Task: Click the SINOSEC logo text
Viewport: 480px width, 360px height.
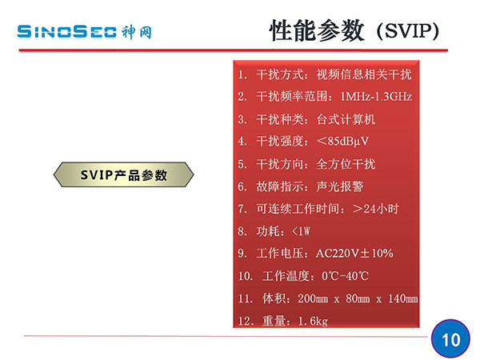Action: click(67, 32)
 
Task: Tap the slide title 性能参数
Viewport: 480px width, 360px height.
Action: click(317, 30)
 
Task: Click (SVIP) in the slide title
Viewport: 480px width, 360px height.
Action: click(408, 31)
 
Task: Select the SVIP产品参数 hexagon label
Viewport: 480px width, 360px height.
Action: click(124, 174)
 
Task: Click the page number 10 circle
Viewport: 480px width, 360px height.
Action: click(450, 339)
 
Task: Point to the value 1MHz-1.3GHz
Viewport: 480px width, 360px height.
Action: click(376, 97)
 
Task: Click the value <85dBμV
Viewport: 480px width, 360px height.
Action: click(343, 141)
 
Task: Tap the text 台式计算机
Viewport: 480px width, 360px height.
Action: click(346, 119)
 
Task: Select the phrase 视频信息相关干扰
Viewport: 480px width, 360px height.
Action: click(364, 74)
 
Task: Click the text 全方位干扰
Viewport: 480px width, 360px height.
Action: click(346, 164)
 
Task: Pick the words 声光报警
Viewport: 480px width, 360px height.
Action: click(340, 186)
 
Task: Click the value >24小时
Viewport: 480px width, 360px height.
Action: click(376, 209)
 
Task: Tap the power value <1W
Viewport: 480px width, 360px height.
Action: click(301, 231)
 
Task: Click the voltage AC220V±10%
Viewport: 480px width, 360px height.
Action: click(354, 254)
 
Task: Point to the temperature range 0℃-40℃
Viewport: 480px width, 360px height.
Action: click(345, 276)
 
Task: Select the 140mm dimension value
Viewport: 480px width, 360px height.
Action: click(403, 298)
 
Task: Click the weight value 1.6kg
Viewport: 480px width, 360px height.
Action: click(313, 321)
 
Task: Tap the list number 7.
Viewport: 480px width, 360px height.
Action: click(242, 209)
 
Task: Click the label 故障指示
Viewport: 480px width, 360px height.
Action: click(280, 186)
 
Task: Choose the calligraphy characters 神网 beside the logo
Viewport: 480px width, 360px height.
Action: click(137, 32)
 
